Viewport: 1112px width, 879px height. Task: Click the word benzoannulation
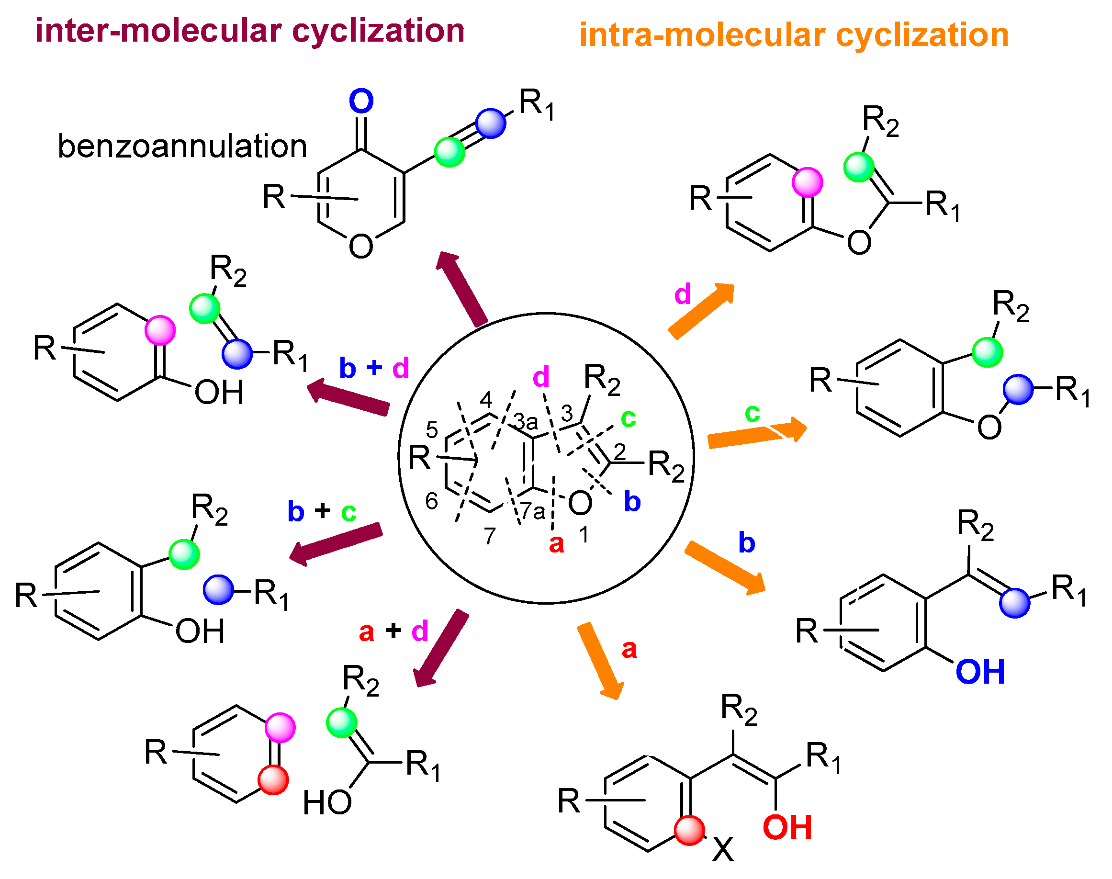tap(182, 146)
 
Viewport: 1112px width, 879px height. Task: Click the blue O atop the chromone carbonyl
tap(361, 101)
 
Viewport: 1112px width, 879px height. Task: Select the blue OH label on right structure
tap(980, 672)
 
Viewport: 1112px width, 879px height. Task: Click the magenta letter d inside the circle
tap(541, 377)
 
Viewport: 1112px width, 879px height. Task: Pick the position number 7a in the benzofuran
tap(533, 511)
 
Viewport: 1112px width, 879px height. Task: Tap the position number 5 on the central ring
tap(432, 429)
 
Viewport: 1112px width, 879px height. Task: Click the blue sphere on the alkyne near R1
tap(490, 124)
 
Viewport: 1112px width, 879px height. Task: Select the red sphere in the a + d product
tap(273, 780)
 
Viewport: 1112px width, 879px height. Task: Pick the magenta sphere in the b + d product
tap(160, 330)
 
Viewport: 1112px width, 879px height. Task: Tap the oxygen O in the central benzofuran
tap(580, 503)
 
